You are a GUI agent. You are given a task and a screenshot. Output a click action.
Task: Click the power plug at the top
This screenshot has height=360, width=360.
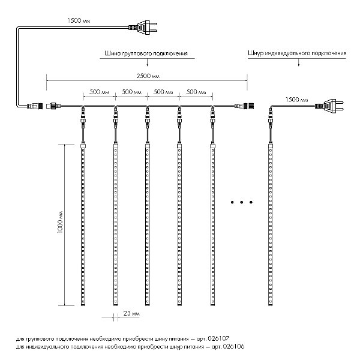pyautogui.click(x=143, y=28)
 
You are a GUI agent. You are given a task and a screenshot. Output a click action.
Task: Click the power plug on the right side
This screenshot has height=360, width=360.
pyautogui.click(x=329, y=106)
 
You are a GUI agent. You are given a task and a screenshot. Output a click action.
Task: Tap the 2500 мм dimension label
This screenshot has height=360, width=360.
pyautogui.click(x=148, y=76)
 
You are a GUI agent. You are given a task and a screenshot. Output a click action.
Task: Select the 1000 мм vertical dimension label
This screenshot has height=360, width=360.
pyautogui.click(x=61, y=222)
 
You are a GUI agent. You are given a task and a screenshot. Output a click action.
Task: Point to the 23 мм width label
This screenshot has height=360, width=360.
pyautogui.click(x=131, y=313)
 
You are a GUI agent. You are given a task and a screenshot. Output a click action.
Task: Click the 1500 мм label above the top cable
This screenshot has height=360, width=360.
pyautogui.click(x=79, y=20)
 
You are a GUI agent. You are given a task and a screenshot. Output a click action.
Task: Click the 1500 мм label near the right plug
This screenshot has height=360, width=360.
pyautogui.click(x=296, y=100)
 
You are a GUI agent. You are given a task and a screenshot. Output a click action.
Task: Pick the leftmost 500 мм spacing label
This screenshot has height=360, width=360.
pyautogui.click(x=99, y=92)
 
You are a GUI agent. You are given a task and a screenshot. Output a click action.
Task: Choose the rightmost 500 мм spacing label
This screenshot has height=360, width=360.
pyautogui.click(x=196, y=92)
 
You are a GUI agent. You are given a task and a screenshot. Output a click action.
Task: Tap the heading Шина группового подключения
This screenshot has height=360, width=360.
pyautogui.click(x=146, y=53)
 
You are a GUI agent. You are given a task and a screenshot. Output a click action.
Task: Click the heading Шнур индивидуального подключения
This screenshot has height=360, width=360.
pyautogui.click(x=297, y=53)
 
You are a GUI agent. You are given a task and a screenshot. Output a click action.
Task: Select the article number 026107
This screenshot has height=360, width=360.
pyautogui.click(x=218, y=338)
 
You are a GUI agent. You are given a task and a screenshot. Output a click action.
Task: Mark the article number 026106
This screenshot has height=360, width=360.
pyautogui.click(x=233, y=346)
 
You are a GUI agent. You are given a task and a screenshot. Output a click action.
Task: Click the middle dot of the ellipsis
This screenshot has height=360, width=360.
pyautogui.click(x=242, y=202)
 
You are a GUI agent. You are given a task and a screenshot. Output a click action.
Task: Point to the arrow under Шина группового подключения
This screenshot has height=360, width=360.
pyautogui.click(x=147, y=62)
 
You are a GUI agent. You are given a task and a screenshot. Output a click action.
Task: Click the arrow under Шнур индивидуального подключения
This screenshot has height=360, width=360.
pyautogui.click(x=299, y=62)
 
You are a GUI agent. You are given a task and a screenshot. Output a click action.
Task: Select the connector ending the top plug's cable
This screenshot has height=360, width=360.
pyautogui.click(x=35, y=106)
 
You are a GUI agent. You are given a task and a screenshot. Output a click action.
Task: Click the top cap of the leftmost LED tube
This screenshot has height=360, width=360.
pyautogui.click(x=83, y=146)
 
